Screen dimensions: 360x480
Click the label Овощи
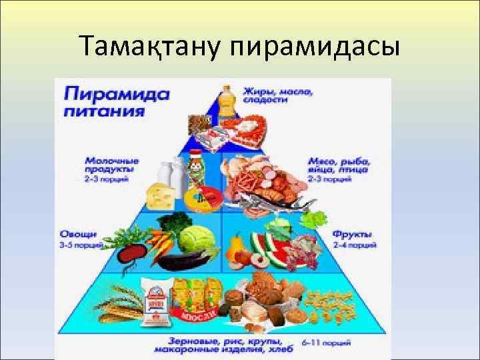[79, 235]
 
